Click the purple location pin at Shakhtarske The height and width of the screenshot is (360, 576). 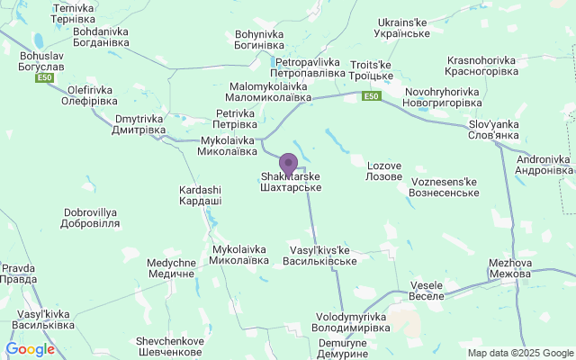pyautogui.click(x=289, y=164)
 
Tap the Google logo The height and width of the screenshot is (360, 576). pyautogui.click(x=30, y=349)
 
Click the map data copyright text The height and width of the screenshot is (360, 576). pyautogui.click(x=519, y=353)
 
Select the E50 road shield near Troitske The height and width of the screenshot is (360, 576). pyautogui.click(x=371, y=95)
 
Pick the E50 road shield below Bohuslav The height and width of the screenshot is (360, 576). pyautogui.click(x=45, y=78)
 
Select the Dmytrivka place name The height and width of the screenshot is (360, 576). pyautogui.click(x=140, y=124)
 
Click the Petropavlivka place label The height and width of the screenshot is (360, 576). pyautogui.click(x=308, y=67)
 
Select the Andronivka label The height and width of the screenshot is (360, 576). pyautogui.click(x=544, y=165)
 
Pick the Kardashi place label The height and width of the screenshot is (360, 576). pyautogui.click(x=201, y=195)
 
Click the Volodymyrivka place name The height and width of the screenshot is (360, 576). pyautogui.click(x=352, y=323)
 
